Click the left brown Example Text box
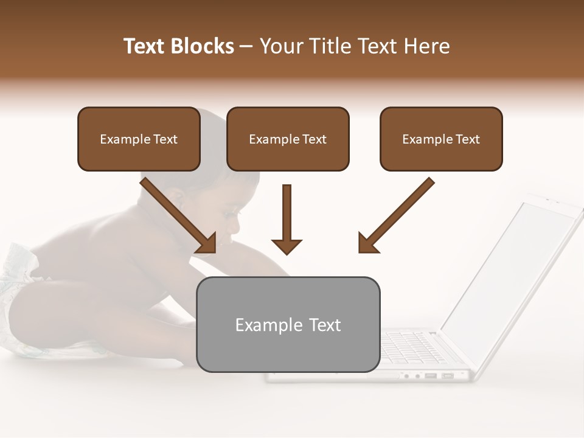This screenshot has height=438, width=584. point(139,139)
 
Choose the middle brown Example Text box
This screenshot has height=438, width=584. point(288,139)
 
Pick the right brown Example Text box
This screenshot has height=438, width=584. point(441,139)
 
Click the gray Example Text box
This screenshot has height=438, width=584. point(288,324)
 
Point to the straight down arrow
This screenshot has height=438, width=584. point(287,219)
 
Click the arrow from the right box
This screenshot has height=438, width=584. point(395,215)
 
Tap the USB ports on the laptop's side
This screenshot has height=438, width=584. point(438,375)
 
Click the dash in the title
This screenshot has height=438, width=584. point(246,47)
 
